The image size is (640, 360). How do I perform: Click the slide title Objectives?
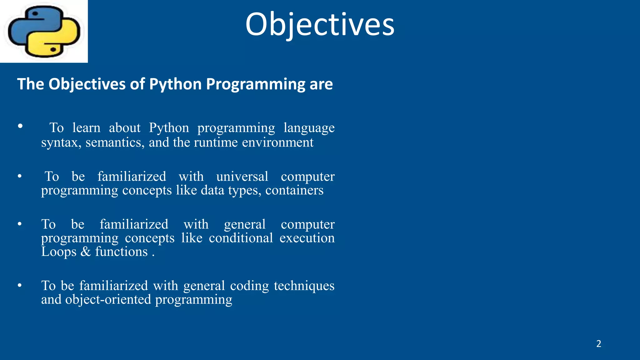tap(320, 24)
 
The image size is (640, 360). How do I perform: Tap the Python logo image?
tap(44, 31)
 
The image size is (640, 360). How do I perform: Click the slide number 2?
tap(598, 344)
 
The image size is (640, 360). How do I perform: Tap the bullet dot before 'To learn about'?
tap(20, 126)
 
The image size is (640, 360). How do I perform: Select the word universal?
tap(242, 177)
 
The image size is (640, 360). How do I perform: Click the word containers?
tap(294, 190)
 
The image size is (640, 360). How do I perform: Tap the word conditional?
tap(241, 238)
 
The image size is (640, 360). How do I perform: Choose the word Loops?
tap(59, 252)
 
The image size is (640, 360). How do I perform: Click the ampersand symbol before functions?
tap(86, 252)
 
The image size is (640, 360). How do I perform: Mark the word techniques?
tap(304, 286)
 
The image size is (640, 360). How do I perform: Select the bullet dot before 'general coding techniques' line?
tap(20, 285)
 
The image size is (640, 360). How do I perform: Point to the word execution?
tap(307, 238)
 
